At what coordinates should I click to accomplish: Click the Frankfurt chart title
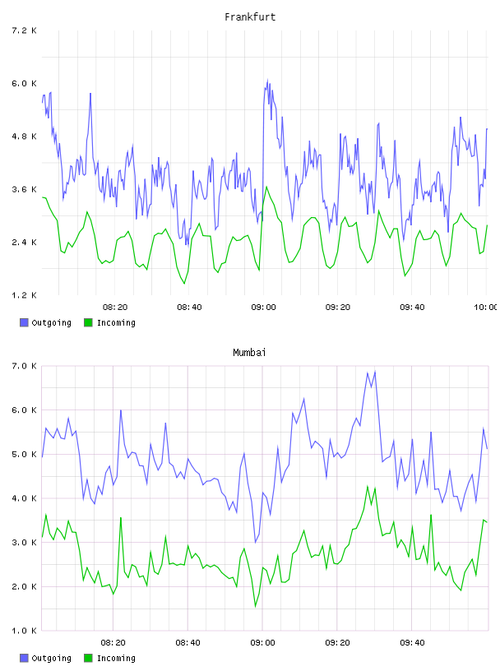[250, 17]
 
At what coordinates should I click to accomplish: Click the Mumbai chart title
[249, 353]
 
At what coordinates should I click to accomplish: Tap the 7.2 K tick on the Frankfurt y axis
[24, 30]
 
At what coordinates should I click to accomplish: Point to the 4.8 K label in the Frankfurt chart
[24, 137]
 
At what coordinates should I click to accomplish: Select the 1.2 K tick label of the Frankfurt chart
[24, 295]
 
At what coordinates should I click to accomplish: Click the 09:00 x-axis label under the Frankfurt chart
[264, 308]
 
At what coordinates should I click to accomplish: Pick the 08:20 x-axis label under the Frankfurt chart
[115, 308]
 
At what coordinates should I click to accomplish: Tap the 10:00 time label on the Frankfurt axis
[486, 308]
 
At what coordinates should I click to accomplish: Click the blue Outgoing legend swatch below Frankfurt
[24, 322]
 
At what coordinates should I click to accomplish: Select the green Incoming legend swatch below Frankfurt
[88, 322]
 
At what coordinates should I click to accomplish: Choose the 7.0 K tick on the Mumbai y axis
[24, 366]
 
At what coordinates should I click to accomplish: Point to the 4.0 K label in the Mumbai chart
[24, 498]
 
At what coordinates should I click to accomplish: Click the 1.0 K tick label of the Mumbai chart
[24, 631]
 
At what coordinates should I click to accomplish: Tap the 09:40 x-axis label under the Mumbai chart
[412, 643]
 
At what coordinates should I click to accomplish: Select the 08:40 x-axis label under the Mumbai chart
[188, 643]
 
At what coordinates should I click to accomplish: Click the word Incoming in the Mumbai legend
[116, 658]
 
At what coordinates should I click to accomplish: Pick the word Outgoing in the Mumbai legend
[51, 658]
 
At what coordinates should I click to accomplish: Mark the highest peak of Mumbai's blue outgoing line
[375, 372]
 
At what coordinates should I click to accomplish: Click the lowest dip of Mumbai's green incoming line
[256, 606]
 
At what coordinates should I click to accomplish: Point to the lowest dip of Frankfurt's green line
[184, 284]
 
